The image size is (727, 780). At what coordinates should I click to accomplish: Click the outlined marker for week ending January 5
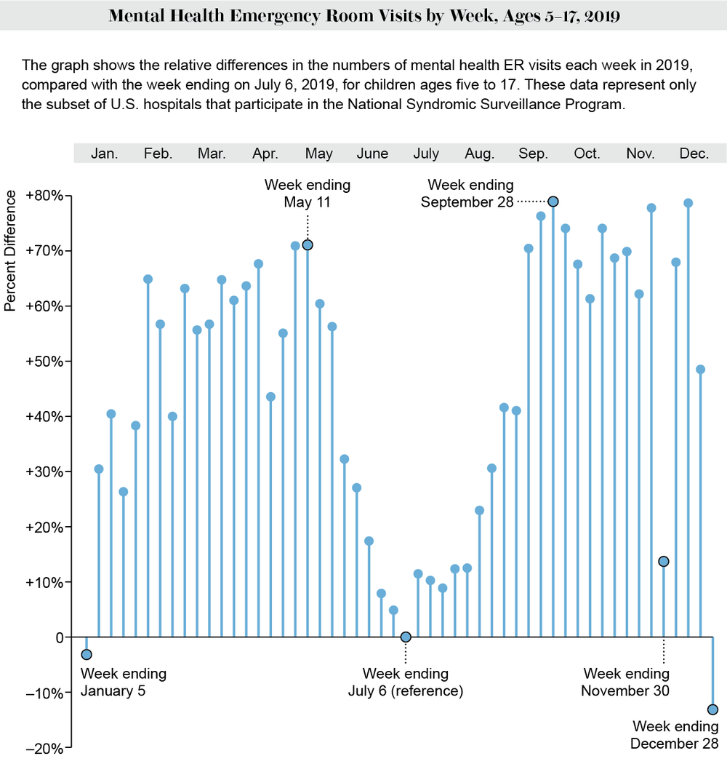click(x=87, y=654)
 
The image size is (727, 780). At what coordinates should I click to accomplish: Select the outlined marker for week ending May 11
click(x=308, y=244)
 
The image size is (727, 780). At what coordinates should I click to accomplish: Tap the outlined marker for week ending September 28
click(x=553, y=202)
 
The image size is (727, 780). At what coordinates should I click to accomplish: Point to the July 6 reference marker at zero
click(x=406, y=637)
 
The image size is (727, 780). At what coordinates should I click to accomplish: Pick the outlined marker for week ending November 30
click(x=663, y=561)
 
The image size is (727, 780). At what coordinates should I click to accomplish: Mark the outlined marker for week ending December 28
click(x=712, y=709)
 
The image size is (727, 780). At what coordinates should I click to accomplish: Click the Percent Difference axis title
click(x=10, y=250)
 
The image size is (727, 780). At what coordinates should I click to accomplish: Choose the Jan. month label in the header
click(x=105, y=154)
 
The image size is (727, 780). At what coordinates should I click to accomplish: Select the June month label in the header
click(x=372, y=154)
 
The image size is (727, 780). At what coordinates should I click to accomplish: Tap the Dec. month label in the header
click(x=694, y=154)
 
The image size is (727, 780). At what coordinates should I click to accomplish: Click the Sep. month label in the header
click(x=533, y=154)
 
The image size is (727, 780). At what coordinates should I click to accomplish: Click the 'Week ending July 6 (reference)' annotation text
click(x=406, y=682)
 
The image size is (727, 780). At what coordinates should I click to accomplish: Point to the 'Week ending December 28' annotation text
click(x=675, y=735)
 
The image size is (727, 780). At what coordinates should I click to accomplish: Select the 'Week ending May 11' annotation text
click(x=307, y=194)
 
